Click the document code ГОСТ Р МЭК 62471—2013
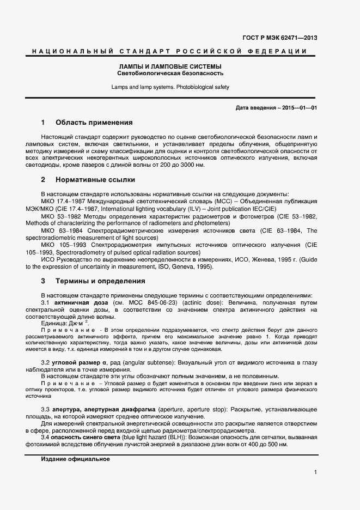coord(280,38)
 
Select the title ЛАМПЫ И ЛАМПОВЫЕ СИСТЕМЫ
coord(170,66)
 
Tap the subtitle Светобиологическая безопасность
coord(170,73)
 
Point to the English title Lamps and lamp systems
coord(170,87)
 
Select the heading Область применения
coord(94,123)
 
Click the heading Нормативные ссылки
coord(95,179)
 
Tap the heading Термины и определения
coord(100,281)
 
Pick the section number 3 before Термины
coord(43,281)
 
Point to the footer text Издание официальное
coord(75,459)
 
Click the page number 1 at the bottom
coord(315,472)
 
